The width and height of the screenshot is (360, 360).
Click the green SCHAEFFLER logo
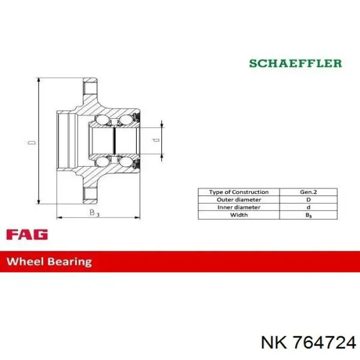tap(296, 63)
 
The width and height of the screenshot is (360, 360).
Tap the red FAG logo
tap(27, 235)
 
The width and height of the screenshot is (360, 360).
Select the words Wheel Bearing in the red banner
tap(49, 262)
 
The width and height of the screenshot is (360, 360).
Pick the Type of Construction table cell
tap(239, 192)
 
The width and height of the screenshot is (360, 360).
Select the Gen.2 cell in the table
tap(309, 192)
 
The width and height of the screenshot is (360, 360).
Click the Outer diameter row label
tap(239, 200)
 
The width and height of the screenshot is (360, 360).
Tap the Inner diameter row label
tap(239, 207)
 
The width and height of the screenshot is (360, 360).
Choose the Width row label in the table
tap(239, 215)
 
